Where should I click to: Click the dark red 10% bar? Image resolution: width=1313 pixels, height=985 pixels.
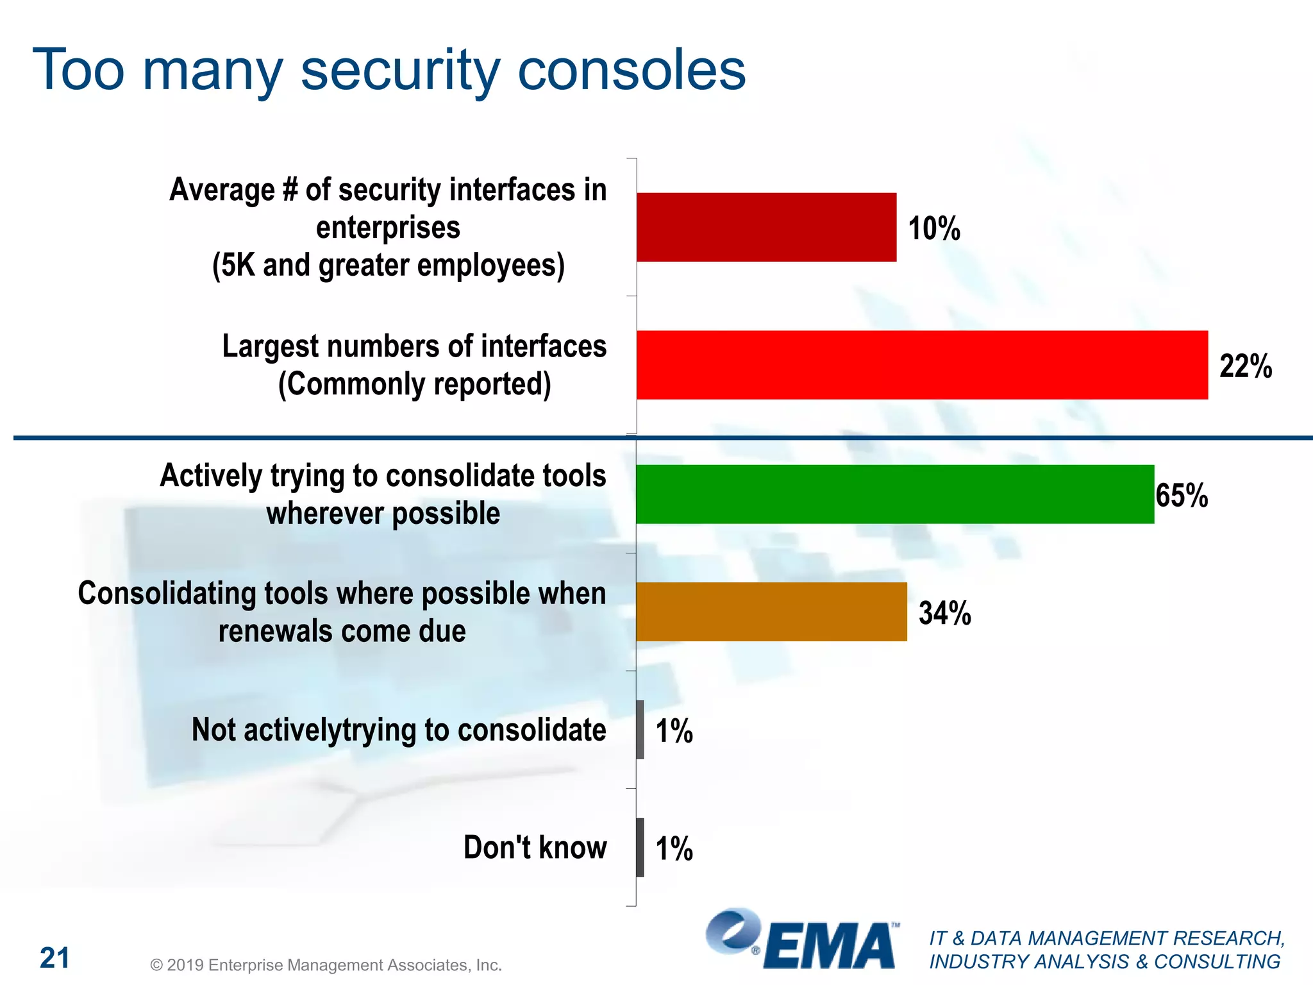[766, 227]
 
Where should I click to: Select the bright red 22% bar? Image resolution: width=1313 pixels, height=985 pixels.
[922, 365]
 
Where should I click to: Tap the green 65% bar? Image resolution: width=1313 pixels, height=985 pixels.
[895, 494]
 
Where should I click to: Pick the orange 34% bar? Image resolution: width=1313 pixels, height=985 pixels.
[771, 612]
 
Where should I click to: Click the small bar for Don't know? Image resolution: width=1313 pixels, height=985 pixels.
[640, 847]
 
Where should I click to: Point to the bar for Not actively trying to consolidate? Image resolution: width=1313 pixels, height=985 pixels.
[640, 730]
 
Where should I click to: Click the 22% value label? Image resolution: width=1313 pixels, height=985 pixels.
[1245, 366]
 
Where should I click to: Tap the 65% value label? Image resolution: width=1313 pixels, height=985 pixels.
[1182, 496]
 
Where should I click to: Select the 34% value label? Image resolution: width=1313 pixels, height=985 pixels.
[944, 613]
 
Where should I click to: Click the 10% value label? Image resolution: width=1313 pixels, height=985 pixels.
[934, 228]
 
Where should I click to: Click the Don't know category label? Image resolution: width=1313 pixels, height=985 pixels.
[535, 847]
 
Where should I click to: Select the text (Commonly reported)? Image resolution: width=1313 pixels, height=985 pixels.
[414, 384]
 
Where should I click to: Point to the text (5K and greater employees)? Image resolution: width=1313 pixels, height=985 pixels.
[389, 265]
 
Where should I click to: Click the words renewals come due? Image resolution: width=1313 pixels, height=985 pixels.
[342, 631]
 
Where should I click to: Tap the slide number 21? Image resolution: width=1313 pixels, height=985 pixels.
[54, 958]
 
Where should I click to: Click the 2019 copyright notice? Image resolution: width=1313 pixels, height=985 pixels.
[326, 965]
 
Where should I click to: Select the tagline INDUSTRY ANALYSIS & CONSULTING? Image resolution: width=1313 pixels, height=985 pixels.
[1105, 962]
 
